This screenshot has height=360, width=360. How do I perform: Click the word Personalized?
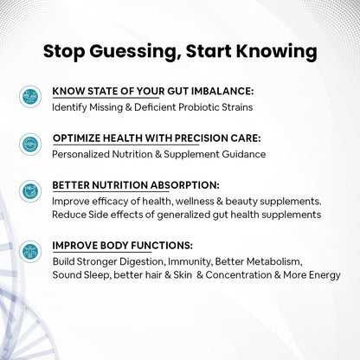pos(84,154)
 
